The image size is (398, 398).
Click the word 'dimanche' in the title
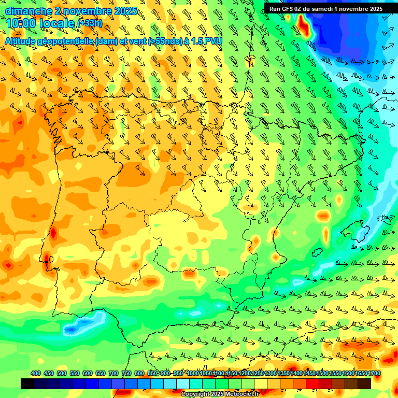pos(29,11)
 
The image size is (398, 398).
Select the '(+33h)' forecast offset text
pos(90,23)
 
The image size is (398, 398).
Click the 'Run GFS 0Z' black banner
pos(325,9)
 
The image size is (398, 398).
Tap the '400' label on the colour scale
pos(36,373)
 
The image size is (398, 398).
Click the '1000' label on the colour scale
pos(193,373)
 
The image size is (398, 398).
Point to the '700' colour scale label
pos(113,373)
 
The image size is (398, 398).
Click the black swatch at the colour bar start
pos(27,384)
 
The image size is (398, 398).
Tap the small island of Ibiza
pos(317,253)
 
